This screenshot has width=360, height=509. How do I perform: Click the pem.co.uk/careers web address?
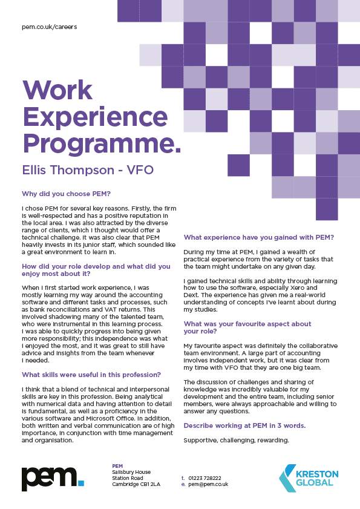tap(49, 27)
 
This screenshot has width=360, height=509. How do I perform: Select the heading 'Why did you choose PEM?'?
tap(66, 194)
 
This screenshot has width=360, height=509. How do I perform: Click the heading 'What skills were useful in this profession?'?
tap(91, 375)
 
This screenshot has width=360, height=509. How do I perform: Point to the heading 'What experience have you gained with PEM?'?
tap(259, 237)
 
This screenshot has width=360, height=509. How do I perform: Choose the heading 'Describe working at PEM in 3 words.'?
tap(244, 425)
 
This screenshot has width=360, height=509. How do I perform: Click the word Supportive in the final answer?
tap(201, 440)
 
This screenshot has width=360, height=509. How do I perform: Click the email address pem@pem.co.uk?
tap(208, 485)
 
